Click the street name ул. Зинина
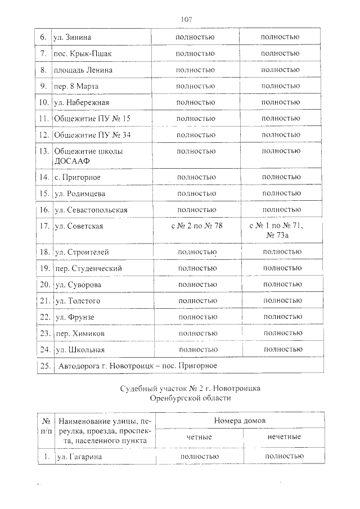(72, 37)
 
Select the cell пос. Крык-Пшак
(83, 53)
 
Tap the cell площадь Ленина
(83, 70)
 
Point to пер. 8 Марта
(76, 86)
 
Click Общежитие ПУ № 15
(92, 119)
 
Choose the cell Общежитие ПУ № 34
(92, 135)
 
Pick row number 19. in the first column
(44, 268)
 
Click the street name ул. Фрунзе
(74, 317)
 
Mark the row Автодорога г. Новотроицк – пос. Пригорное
(138, 366)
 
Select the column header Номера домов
(240, 421)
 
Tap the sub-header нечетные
(282, 436)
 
